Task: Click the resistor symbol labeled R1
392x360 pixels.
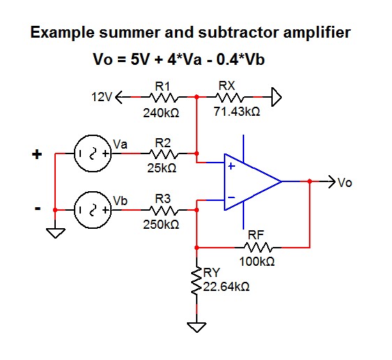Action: point(163,98)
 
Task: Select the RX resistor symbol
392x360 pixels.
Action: point(230,98)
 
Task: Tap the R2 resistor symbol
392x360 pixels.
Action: point(163,154)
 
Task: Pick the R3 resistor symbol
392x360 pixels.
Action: point(163,209)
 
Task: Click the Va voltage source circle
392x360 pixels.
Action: point(89,154)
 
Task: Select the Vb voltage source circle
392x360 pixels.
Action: point(89,209)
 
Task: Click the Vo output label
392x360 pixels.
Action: point(345,183)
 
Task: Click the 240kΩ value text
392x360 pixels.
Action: point(163,112)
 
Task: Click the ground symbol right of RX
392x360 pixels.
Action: point(276,98)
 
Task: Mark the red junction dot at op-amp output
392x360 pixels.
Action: point(309,181)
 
